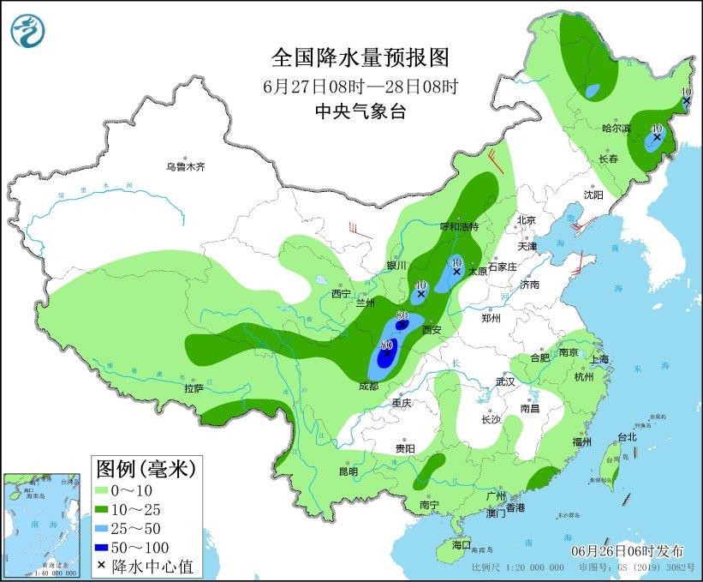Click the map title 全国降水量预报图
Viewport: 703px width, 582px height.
click(x=360, y=57)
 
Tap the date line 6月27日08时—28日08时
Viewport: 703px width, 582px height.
click(x=360, y=87)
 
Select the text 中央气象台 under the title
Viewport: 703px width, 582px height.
click(x=360, y=111)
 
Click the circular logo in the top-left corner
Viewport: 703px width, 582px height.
click(x=27, y=30)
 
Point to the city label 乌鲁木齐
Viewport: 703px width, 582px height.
click(x=186, y=166)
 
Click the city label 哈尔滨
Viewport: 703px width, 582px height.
click(x=615, y=128)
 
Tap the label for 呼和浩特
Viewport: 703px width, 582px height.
click(x=459, y=226)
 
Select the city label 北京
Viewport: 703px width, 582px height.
click(x=525, y=220)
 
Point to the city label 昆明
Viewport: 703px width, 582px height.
click(x=349, y=471)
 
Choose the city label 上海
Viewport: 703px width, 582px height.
click(x=599, y=359)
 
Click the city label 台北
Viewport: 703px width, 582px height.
click(x=627, y=436)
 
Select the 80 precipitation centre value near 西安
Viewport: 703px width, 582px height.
click(x=402, y=315)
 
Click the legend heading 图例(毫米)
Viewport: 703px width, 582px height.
click(x=146, y=469)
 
